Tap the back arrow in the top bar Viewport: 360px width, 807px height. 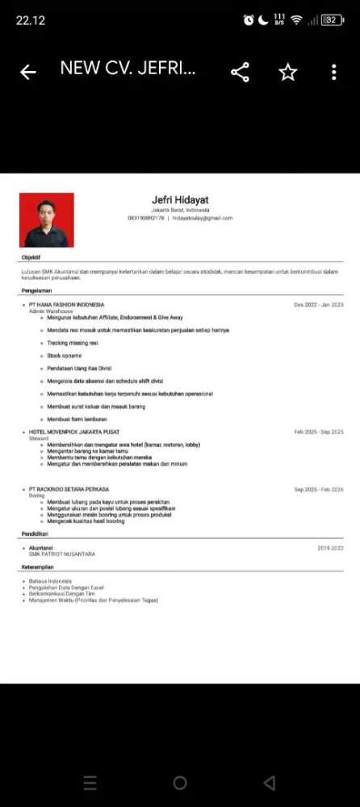[28, 73]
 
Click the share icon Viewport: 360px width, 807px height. [240, 73]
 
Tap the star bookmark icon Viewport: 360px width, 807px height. [287, 73]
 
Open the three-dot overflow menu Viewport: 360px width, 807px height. [333, 73]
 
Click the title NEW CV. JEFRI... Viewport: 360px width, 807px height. [128, 69]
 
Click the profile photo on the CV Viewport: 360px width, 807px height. [47, 220]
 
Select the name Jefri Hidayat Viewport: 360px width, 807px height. [179, 200]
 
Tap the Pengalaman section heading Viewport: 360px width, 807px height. [36, 290]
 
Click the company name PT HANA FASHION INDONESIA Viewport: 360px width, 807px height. [66, 305]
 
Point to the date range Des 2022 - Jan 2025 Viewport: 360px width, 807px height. [319, 305]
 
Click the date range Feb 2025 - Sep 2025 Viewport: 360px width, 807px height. [319, 433]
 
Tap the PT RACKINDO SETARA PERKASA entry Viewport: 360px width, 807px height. [69, 489]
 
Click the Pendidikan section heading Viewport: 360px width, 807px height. [35, 534]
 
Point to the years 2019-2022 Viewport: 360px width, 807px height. [330, 547]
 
